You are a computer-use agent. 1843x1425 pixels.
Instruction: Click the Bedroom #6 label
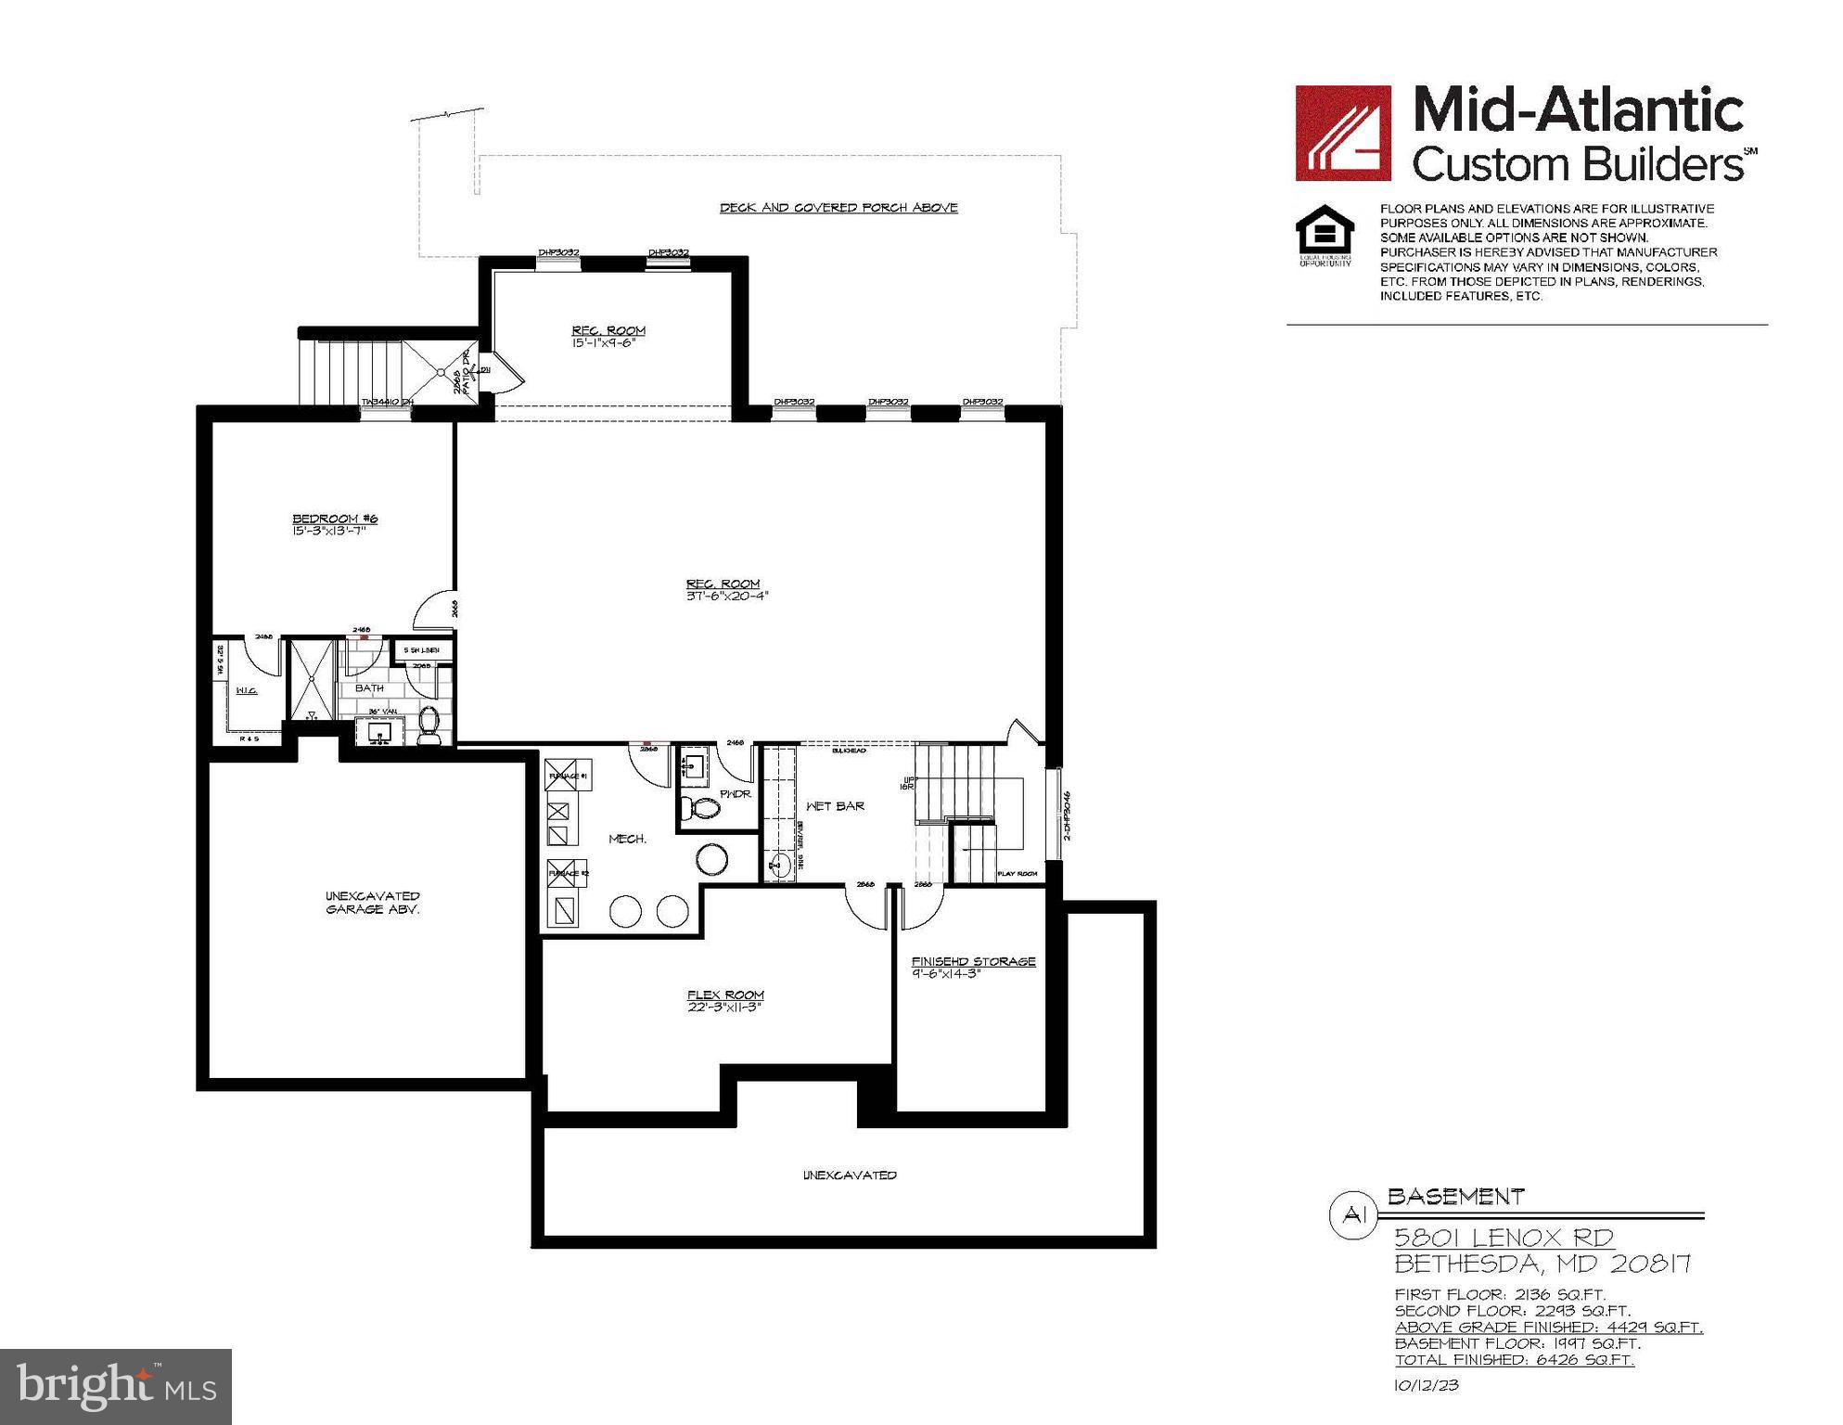pos(335,520)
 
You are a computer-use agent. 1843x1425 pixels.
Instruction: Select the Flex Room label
pos(725,995)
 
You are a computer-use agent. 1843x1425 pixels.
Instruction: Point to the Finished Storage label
pos(973,962)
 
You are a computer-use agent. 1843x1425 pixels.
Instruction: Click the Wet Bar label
pos(835,806)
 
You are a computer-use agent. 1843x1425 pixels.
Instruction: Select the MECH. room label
pos(627,839)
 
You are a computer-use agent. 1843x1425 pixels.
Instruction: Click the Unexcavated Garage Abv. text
pos(372,903)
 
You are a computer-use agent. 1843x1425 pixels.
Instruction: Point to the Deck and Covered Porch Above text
pos(838,208)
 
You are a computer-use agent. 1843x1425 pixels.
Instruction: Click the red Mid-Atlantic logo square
pos(1343,133)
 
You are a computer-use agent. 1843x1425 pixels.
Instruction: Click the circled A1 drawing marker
pos(1354,1216)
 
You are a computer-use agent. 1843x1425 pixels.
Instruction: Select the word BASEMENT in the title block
pos(1455,1198)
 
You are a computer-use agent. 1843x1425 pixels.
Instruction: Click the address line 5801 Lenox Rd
pos(1504,1238)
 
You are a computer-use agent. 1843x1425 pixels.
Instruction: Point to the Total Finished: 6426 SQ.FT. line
pos(1514,1360)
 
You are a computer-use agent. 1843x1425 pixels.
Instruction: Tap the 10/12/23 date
pos(1427,1386)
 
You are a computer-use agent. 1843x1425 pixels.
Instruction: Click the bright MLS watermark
pos(116,1386)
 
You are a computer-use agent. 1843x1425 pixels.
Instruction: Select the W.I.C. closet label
pos(246,691)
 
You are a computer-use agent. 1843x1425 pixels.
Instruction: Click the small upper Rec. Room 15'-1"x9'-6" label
pos(608,336)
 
